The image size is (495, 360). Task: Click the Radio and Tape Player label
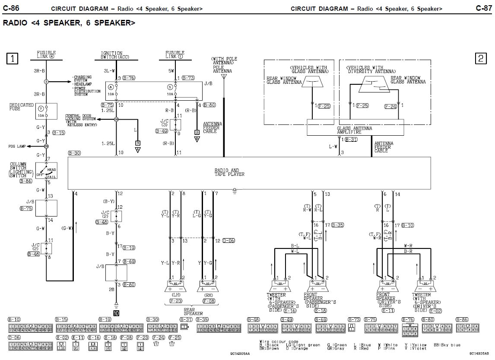point(229,172)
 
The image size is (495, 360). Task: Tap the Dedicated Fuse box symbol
point(47,111)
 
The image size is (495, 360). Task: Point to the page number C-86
point(12,8)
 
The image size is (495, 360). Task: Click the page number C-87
point(483,8)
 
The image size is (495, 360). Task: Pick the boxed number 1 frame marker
point(12,58)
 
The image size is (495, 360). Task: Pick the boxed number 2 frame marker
point(481,58)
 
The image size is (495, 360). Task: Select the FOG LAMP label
point(17,147)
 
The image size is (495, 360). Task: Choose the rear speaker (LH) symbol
point(177,286)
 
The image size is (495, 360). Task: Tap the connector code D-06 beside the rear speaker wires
point(228,240)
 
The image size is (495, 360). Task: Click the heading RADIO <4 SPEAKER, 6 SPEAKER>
point(69,22)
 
